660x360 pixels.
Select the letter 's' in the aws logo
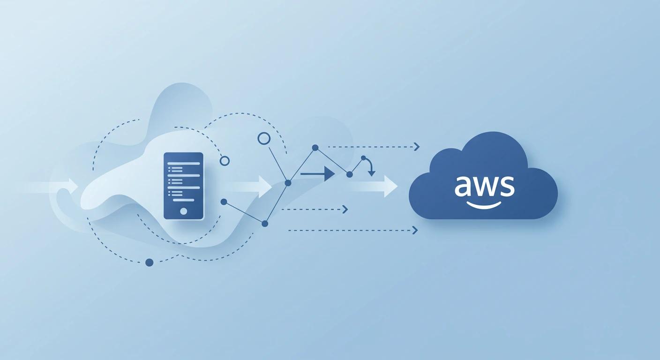pyautogui.click(x=507, y=187)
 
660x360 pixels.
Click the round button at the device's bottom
pyautogui.click(x=183, y=211)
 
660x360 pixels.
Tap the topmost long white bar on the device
pyautogui.click(x=183, y=163)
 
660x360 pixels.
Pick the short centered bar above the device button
pyautogui.click(x=183, y=200)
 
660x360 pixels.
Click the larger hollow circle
pyautogui.click(x=264, y=138)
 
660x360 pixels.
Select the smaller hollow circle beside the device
pyautogui.click(x=225, y=161)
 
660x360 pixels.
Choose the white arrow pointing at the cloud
pyautogui.click(x=390, y=186)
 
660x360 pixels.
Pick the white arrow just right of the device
pyautogui.click(x=262, y=187)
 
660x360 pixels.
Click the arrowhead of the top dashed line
pyautogui.click(x=417, y=147)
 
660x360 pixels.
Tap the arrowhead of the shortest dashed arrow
pyautogui.click(x=345, y=209)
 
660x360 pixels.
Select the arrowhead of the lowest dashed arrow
pyautogui.click(x=415, y=230)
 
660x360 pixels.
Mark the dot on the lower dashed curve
pyautogui.click(x=150, y=262)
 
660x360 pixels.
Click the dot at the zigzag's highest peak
pyautogui.click(x=315, y=147)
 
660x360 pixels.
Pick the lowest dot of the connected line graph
pyautogui.click(x=265, y=224)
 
